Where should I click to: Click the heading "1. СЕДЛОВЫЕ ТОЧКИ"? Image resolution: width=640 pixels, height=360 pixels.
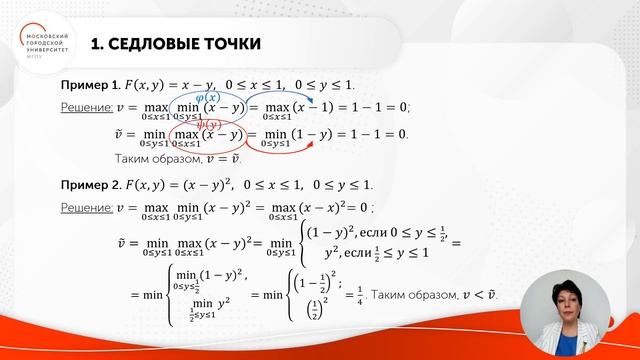click(175, 44)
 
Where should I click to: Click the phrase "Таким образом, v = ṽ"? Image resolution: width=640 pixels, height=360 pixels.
click(179, 160)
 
